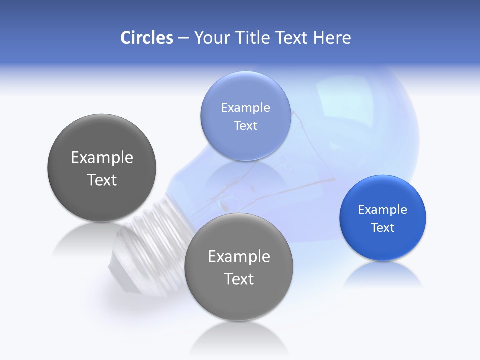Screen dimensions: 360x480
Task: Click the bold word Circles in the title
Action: tap(146, 38)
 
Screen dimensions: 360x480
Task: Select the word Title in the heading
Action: tap(254, 38)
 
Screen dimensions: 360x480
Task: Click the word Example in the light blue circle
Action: tap(245, 107)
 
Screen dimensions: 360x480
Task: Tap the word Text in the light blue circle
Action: tap(245, 125)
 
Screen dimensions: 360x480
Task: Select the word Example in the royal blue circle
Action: tap(382, 209)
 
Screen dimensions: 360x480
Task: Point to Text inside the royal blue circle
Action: tap(382, 227)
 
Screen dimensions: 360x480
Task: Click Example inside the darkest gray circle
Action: tap(102, 157)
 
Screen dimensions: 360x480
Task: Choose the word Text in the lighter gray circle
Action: tap(239, 279)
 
